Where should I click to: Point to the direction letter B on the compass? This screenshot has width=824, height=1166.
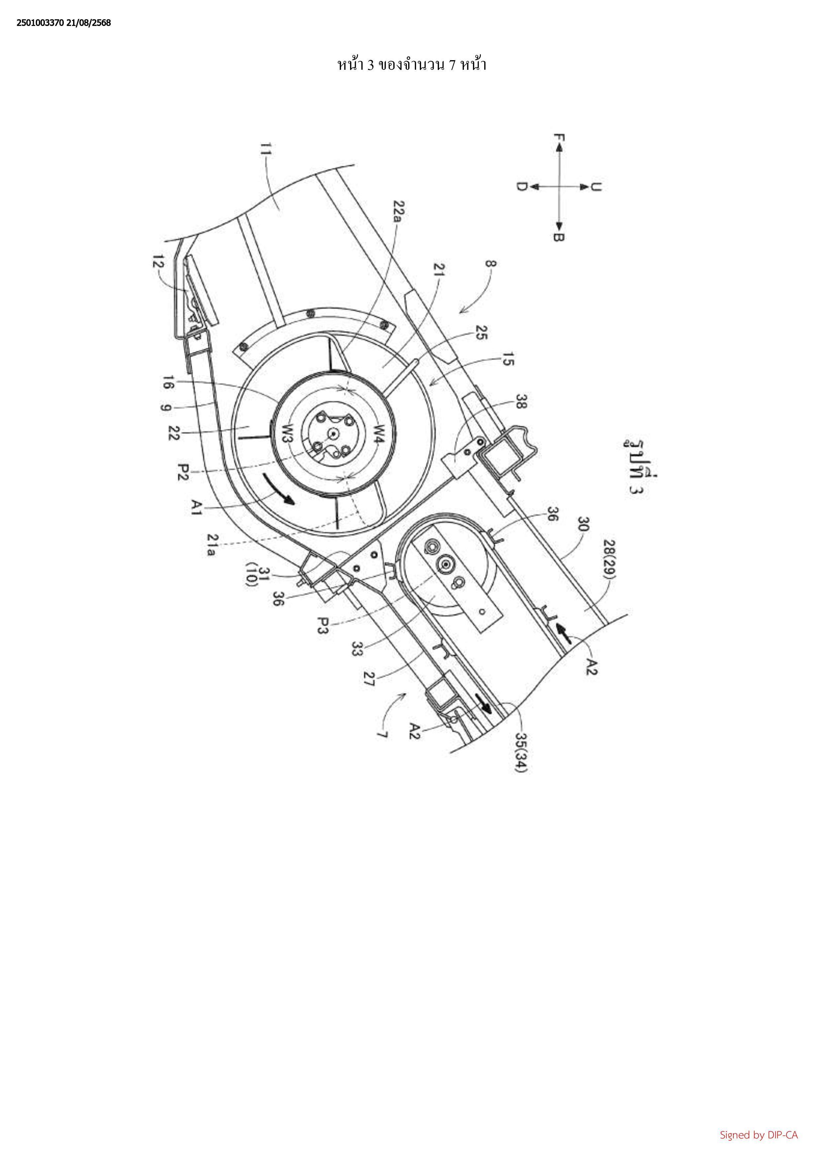click(559, 237)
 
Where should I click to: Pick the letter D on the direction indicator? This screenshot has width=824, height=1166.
click(521, 186)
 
